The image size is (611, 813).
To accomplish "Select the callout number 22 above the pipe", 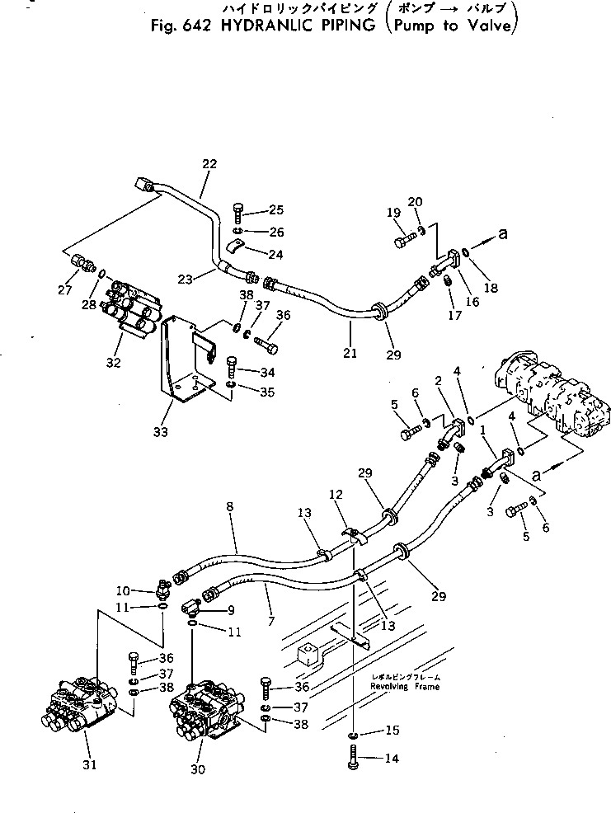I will point(209,164).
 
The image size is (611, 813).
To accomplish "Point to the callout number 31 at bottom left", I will point(89,764).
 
